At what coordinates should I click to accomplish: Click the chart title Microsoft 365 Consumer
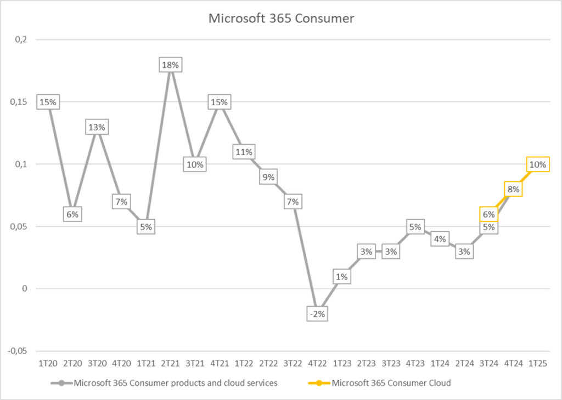coord(281,19)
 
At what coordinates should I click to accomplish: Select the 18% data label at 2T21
coord(170,65)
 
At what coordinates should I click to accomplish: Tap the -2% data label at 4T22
coord(317,314)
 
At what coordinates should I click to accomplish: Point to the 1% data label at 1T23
coord(341,277)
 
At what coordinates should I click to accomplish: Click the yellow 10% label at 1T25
coord(537,164)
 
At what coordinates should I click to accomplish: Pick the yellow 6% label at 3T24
coord(489,215)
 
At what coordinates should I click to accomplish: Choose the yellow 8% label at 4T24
coord(513,190)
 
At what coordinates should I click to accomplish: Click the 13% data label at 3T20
coord(97,127)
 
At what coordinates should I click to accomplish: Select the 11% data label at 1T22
coord(243,152)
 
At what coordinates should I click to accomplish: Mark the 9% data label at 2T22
coord(268,177)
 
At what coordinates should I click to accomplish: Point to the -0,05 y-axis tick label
coord(20,351)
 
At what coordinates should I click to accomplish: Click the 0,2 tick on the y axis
coord(25,40)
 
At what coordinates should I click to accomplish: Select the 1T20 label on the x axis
coord(47,363)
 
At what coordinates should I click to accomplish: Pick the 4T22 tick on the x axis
coord(317,363)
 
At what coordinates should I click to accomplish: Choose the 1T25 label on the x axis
coord(537,363)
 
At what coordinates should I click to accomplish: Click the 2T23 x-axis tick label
coord(366,363)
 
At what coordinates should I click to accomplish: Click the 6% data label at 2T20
coord(72,215)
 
